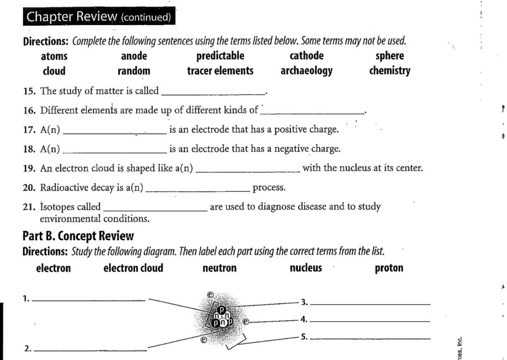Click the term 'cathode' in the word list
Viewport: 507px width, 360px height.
pyautogui.click(x=306, y=56)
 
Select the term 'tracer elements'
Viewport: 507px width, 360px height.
pyautogui.click(x=220, y=71)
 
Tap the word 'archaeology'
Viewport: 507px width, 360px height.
pyautogui.click(x=306, y=71)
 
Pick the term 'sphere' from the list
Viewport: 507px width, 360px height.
pyautogui.click(x=390, y=56)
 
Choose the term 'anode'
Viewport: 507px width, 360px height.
pyautogui.click(x=134, y=56)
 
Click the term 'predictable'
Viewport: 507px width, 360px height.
pyautogui.click(x=220, y=56)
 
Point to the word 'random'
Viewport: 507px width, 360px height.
pyautogui.click(x=134, y=71)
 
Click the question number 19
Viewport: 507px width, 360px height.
pyautogui.click(x=28, y=169)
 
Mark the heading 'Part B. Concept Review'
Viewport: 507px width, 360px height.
pyautogui.click(x=78, y=236)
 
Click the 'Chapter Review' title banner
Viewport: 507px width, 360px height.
pyautogui.click(x=99, y=17)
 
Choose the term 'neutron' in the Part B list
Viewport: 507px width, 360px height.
pyautogui.click(x=219, y=268)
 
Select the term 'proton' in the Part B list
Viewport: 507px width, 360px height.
pyautogui.click(x=389, y=268)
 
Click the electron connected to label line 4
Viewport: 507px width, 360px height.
pyautogui.click(x=246, y=321)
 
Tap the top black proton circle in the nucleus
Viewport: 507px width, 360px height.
pyautogui.click(x=222, y=310)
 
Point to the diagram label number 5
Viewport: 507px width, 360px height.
pyautogui.click(x=304, y=337)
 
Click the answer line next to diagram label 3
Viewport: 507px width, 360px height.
pyautogui.click(x=370, y=303)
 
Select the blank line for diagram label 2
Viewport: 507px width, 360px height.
pyautogui.click(x=92, y=349)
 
